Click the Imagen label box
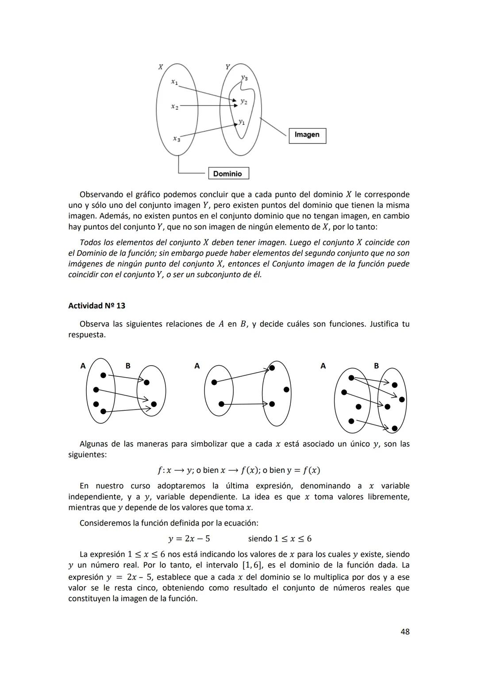pos(307,135)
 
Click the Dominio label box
pos(228,174)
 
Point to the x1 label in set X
pos(175,82)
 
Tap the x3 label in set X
pos(177,139)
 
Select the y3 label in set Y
pos(244,78)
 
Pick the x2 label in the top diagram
pos(175,107)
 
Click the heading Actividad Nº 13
pos(96,306)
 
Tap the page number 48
pos(405,632)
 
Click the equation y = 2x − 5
pos(189,539)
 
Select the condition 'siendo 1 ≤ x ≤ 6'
pos(279,539)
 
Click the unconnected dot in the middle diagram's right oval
pos(286,390)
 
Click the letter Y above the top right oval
pos(227,67)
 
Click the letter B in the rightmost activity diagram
pos(376,366)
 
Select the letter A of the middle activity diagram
pos(197,366)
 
